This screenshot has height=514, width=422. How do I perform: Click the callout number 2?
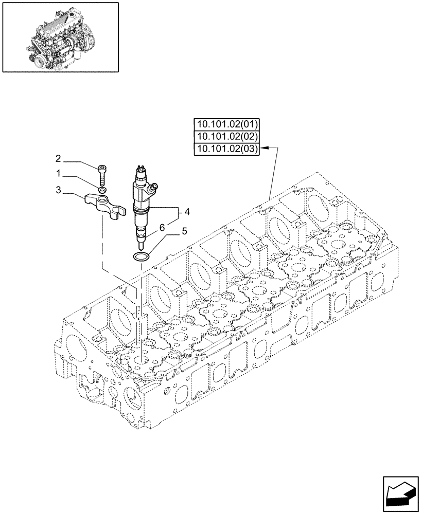pos(58,158)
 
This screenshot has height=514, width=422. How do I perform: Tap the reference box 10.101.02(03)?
pos(227,149)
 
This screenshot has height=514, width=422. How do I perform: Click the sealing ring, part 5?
pos(140,256)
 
